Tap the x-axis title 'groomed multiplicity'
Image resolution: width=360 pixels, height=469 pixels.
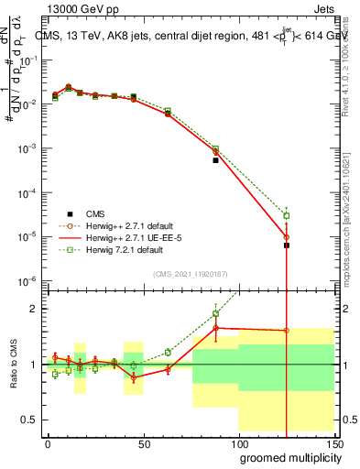tap(286, 457)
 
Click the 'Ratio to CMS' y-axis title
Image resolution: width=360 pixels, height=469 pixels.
tap(12, 364)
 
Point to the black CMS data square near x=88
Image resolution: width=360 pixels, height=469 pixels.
tap(216, 160)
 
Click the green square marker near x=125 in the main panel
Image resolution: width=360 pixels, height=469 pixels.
tap(287, 215)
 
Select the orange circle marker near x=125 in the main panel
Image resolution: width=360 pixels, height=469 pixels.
tap(287, 237)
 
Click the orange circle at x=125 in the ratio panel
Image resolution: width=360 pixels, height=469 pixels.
tap(287, 331)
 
